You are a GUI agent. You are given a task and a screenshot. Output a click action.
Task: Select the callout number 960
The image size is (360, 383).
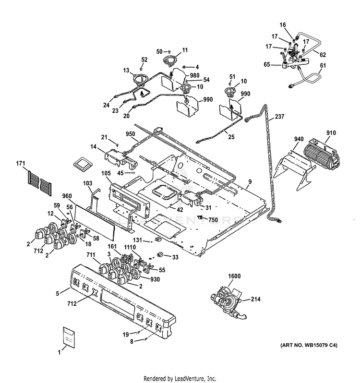(67, 196)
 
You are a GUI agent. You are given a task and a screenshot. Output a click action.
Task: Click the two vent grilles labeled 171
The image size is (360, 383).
(40, 183)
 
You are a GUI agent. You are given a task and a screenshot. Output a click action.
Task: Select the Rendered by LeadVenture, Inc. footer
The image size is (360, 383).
(180, 377)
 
